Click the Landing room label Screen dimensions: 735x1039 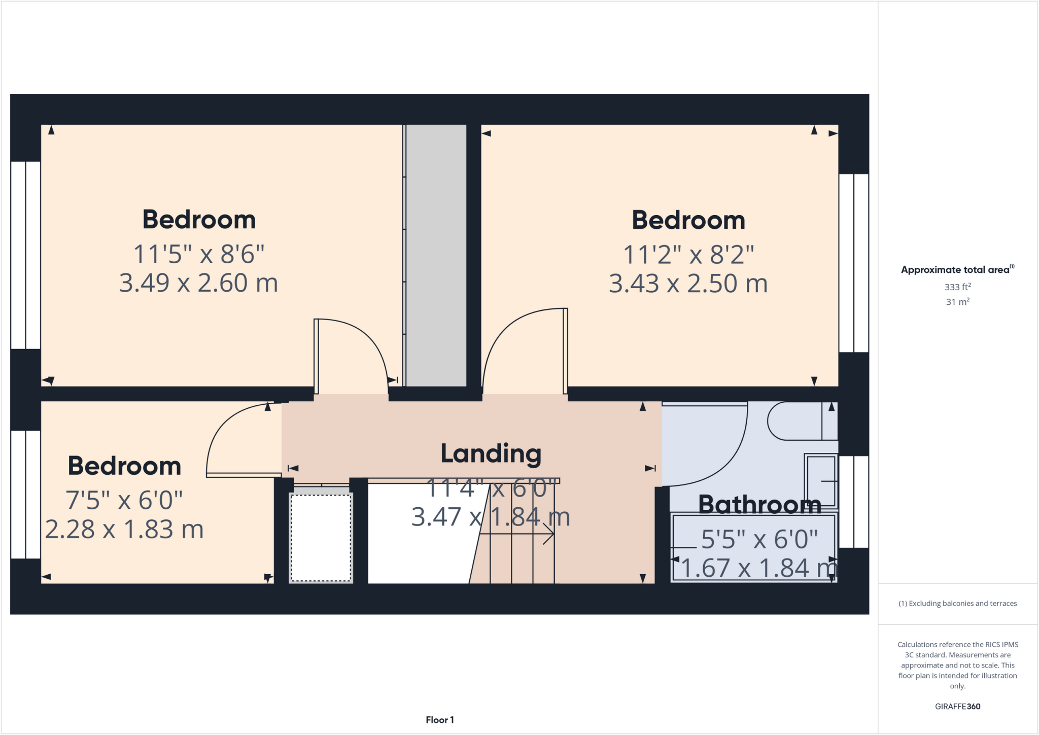tap(491, 453)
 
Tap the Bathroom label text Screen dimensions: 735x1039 tap(759, 504)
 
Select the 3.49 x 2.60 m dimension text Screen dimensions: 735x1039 tap(198, 283)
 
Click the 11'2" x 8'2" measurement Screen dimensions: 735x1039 tap(688, 255)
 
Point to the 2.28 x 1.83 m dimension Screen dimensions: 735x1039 tap(124, 530)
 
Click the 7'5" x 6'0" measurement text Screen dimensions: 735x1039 tap(124, 501)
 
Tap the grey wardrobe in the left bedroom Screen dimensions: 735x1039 tap(436, 255)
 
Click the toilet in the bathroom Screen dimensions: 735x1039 tap(796, 421)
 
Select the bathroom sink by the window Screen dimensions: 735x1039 tap(820, 481)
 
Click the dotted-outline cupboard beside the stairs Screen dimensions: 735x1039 tap(321, 538)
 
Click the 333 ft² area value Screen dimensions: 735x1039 tap(957, 287)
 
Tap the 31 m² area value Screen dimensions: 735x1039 tap(957, 302)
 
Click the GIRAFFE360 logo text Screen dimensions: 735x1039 tap(957, 706)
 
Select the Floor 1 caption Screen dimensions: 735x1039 tap(439, 720)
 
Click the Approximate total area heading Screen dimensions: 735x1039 tap(957, 270)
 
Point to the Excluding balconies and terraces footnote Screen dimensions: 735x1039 tap(957, 604)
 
